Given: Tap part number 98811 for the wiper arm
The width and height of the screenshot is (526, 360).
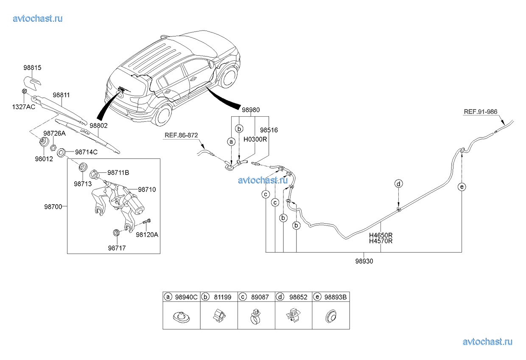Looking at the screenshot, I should click(61, 96).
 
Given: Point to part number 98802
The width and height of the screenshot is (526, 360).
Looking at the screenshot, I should click(98, 126).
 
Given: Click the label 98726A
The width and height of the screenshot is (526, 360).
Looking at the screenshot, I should click(55, 133).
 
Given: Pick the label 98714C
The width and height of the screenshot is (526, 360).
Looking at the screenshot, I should click(86, 152).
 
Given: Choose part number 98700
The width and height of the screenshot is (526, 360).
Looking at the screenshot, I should click(53, 207).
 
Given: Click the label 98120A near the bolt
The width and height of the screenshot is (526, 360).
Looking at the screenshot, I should click(147, 234).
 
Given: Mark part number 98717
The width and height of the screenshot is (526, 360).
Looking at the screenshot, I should click(116, 247).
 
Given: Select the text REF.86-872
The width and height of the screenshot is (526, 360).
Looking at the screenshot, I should click(182, 135).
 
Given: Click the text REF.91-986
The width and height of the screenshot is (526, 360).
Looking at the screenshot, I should click(481, 112).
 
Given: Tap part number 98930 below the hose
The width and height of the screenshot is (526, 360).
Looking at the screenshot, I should click(364, 262).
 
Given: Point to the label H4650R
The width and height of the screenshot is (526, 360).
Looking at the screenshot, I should click(381, 235).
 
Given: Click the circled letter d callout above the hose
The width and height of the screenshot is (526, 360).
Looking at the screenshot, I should click(398, 184).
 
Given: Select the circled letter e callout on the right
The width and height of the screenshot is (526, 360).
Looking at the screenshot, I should click(462, 187).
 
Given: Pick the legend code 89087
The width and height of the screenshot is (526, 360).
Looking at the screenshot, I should click(260, 297).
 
